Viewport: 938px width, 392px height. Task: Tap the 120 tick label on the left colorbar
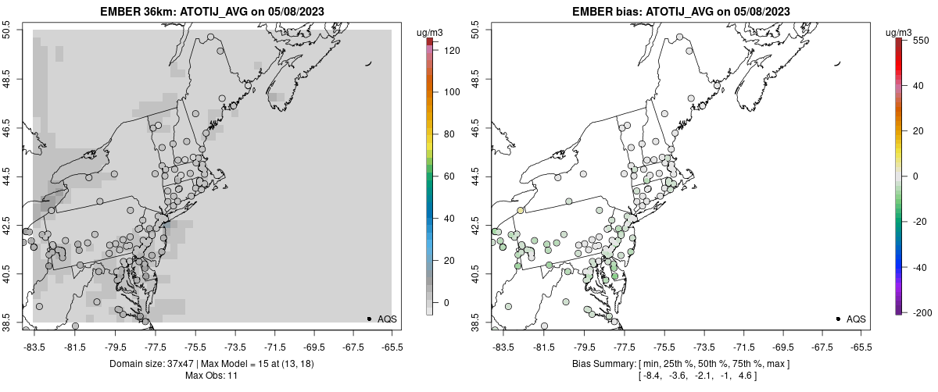click(451, 50)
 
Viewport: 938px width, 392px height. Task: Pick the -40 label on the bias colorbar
click(922, 267)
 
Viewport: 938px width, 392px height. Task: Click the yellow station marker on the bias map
click(521, 211)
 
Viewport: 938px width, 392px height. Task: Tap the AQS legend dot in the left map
click(369, 319)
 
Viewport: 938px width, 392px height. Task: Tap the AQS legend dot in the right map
click(838, 319)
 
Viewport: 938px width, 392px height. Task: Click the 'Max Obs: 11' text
click(211, 376)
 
